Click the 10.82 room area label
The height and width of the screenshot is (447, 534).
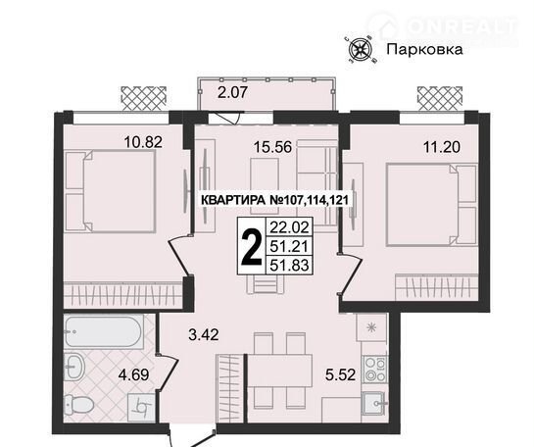[143, 142]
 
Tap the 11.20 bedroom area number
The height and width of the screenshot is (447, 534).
[442, 147]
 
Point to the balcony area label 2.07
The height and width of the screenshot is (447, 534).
[232, 92]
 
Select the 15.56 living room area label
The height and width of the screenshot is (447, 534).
[272, 147]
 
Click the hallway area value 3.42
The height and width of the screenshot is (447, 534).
[204, 334]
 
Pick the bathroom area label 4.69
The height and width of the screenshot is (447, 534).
[134, 375]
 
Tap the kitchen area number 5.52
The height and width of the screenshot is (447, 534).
[341, 375]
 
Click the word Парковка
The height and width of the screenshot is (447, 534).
[424, 50]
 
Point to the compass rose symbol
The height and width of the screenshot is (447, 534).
[361, 50]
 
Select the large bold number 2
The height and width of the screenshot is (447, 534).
[252, 247]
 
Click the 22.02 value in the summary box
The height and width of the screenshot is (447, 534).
[289, 226]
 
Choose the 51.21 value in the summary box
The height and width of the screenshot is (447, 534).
[289, 246]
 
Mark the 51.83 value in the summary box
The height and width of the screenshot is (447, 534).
[289, 265]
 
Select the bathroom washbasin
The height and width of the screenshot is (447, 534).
[73, 367]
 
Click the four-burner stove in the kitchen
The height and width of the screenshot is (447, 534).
[375, 369]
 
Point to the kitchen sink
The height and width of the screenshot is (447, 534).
[374, 404]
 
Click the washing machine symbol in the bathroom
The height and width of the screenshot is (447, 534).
[141, 407]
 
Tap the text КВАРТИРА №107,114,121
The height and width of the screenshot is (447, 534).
[275, 200]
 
